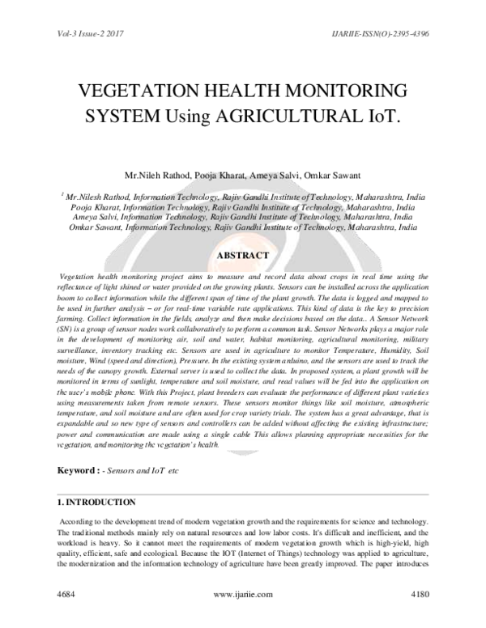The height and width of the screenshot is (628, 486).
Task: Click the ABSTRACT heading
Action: [x=242, y=257]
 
